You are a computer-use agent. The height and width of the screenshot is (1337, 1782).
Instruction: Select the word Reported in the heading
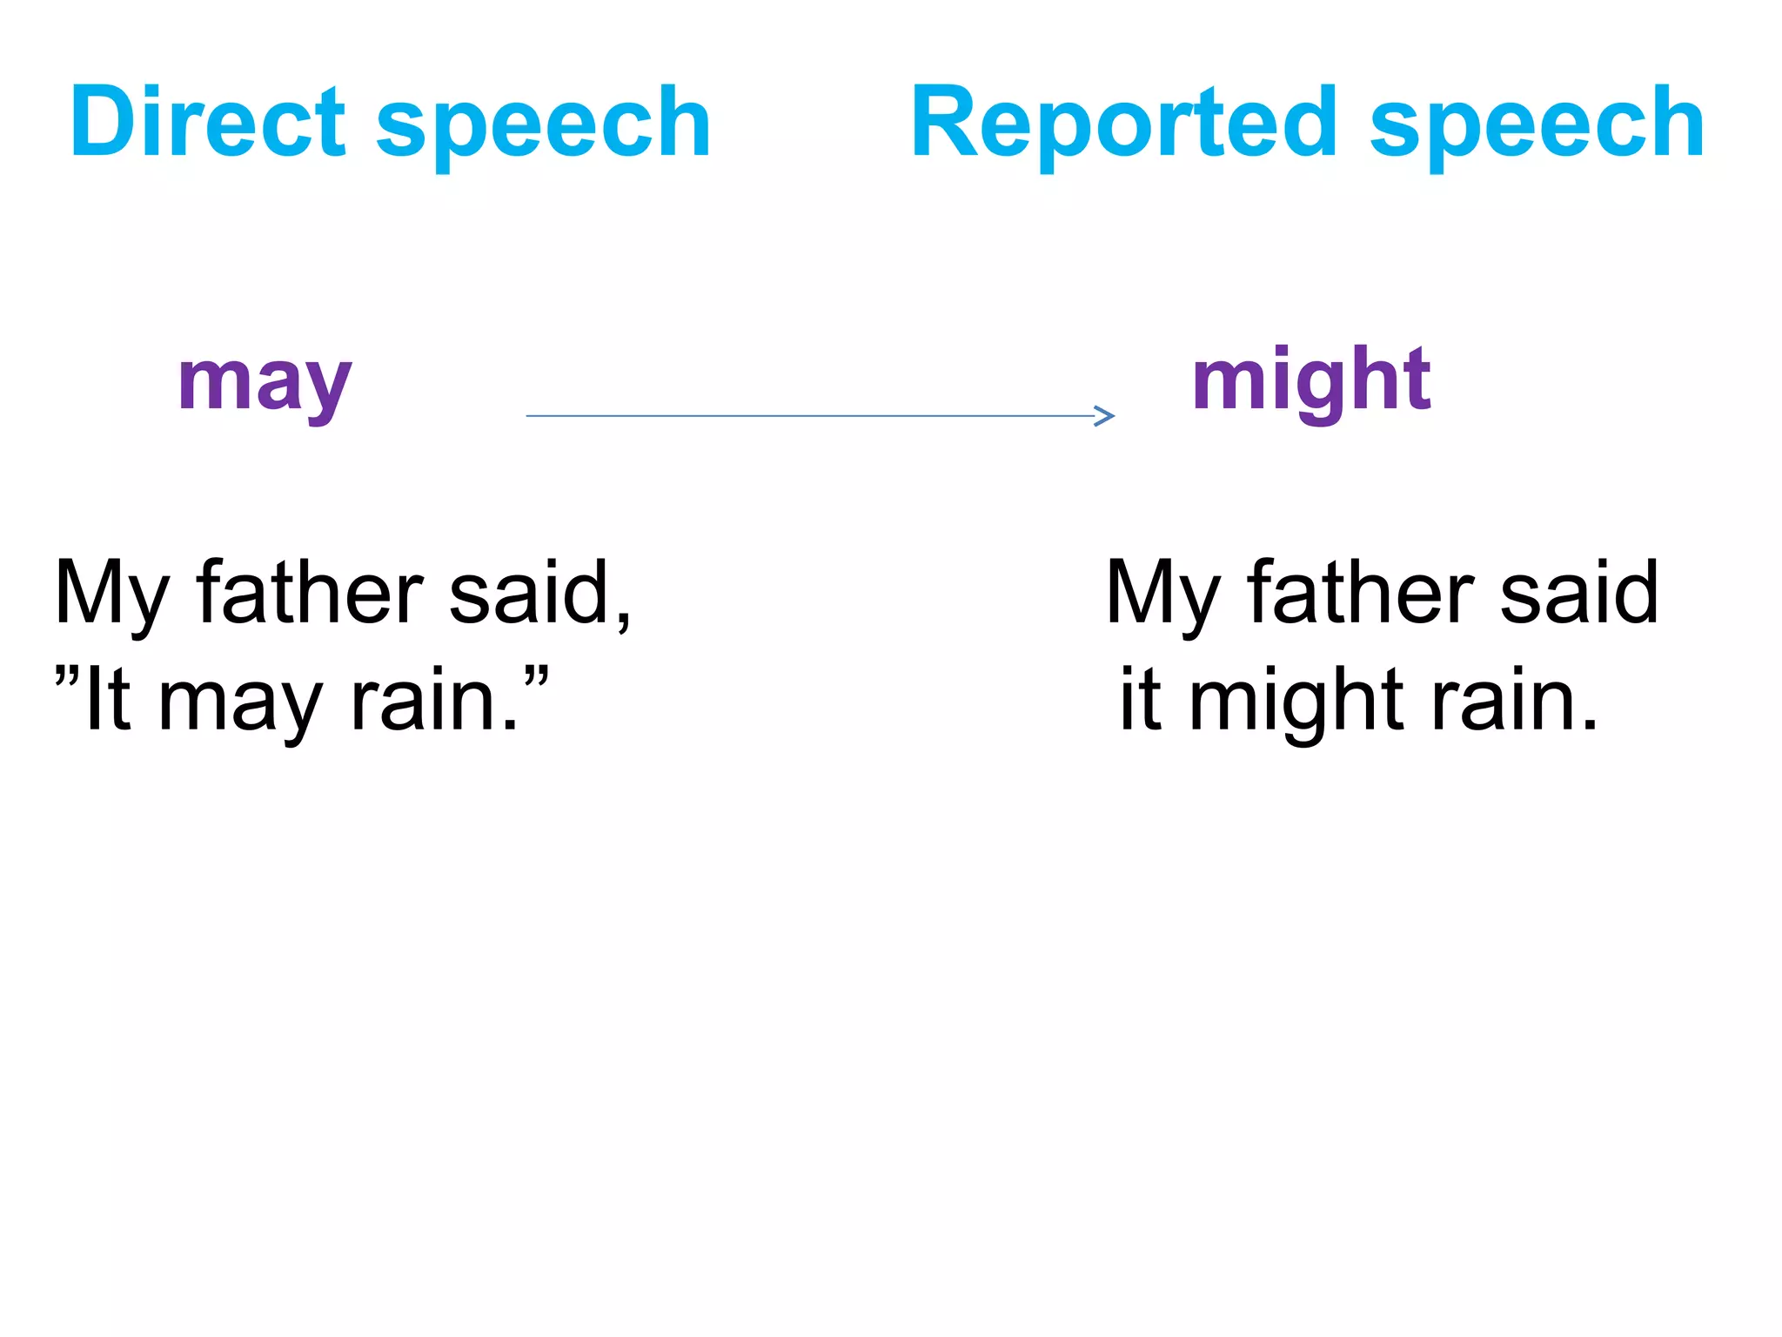[1123, 124]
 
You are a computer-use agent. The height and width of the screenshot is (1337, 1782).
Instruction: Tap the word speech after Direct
[544, 126]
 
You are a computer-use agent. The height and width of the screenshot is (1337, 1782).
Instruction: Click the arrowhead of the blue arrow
[1105, 416]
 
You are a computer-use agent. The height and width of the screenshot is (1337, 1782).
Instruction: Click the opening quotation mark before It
[67, 676]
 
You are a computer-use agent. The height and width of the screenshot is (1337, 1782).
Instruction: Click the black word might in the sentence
[1296, 702]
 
